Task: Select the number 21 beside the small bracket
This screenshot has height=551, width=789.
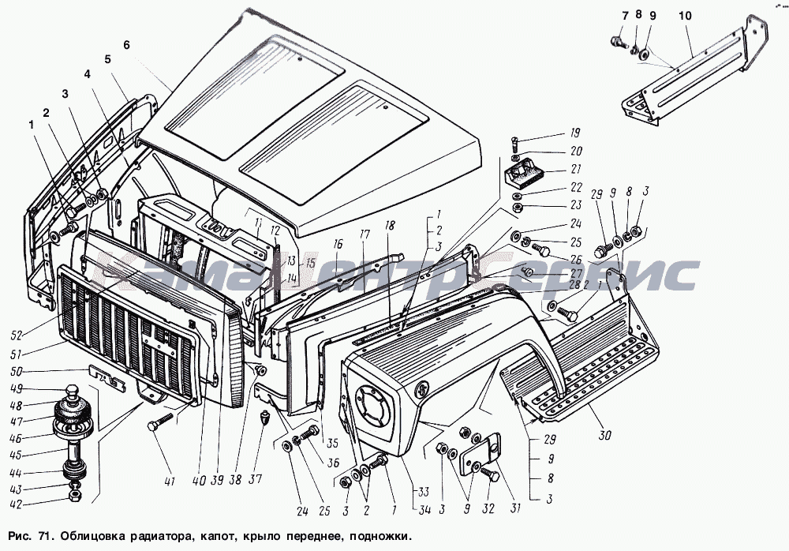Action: point(575,169)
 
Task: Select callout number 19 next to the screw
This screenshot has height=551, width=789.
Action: point(575,133)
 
